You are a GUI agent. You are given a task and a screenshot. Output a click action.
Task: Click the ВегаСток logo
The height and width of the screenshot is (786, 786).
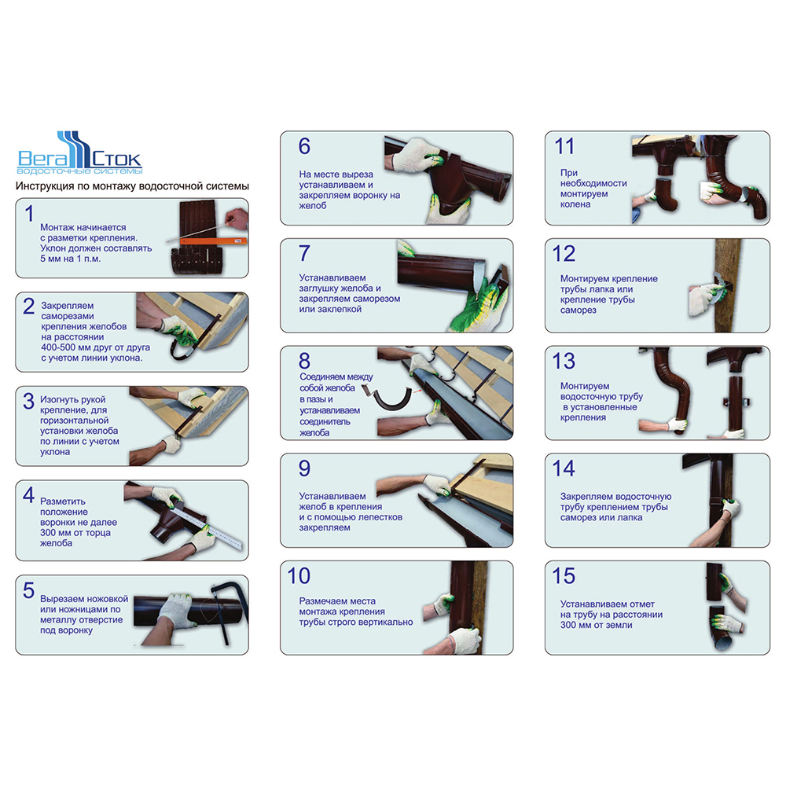(x=80, y=153)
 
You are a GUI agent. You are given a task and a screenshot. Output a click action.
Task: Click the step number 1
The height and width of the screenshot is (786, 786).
(x=30, y=214)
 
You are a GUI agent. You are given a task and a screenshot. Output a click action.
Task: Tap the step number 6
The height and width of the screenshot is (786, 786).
(x=304, y=146)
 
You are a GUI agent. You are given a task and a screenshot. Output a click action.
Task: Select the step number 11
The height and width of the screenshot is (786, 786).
(x=564, y=146)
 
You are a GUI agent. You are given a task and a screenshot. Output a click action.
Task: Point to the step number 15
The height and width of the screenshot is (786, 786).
(x=564, y=576)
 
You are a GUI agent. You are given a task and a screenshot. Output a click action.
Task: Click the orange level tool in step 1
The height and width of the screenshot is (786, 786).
(x=214, y=241)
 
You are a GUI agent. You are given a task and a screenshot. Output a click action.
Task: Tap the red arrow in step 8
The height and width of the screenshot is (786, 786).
(x=417, y=390)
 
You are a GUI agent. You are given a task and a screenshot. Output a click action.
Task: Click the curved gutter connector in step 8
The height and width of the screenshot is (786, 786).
(x=390, y=401)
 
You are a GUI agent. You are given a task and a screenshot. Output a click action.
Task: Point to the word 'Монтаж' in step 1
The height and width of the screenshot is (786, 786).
(x=57, y=228)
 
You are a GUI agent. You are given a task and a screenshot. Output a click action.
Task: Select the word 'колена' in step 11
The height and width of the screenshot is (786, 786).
(x=575, y=204)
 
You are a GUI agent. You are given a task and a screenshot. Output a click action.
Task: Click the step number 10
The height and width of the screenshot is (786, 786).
(x=299, y=576)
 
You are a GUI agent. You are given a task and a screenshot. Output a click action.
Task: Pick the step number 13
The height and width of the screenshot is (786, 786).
(x=564, y=362)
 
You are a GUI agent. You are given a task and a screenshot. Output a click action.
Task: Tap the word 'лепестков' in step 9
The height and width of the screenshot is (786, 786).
(x=380, y=517)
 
